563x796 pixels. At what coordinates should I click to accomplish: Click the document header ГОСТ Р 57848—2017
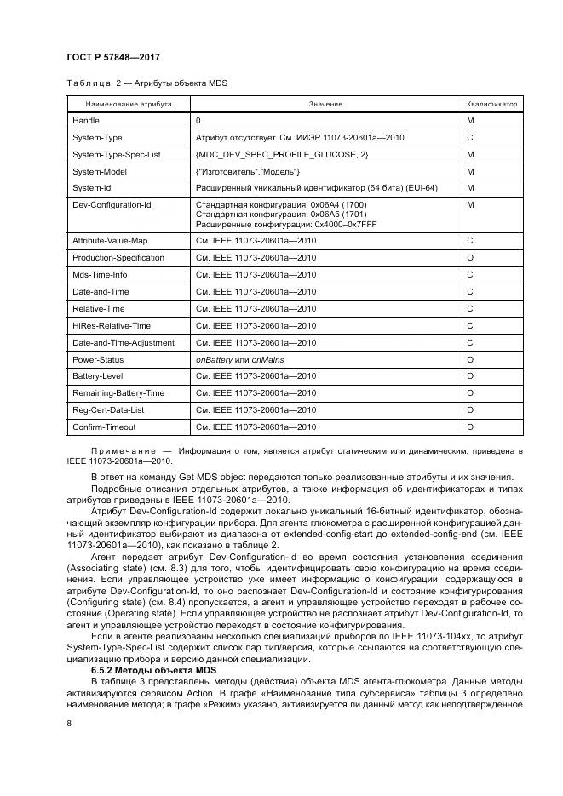[113, 57]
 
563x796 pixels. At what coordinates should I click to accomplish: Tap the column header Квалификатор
[491, 104]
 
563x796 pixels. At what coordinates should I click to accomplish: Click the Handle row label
[86, 121]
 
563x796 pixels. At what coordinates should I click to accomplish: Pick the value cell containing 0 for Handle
[198, 121]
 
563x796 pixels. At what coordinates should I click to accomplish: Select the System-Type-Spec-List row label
[116, 154]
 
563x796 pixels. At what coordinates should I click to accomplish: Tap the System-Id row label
[91, 187]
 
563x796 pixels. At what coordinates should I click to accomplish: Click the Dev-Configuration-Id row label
[112, 204]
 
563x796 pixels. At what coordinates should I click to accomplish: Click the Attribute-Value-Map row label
[110, 241]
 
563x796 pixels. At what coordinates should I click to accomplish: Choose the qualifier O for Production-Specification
[470, 258]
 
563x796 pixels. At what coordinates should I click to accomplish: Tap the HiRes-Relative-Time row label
[112, 325]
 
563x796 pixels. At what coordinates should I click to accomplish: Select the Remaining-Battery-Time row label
[118, 393]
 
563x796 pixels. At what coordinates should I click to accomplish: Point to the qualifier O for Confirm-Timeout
[470, 427]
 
